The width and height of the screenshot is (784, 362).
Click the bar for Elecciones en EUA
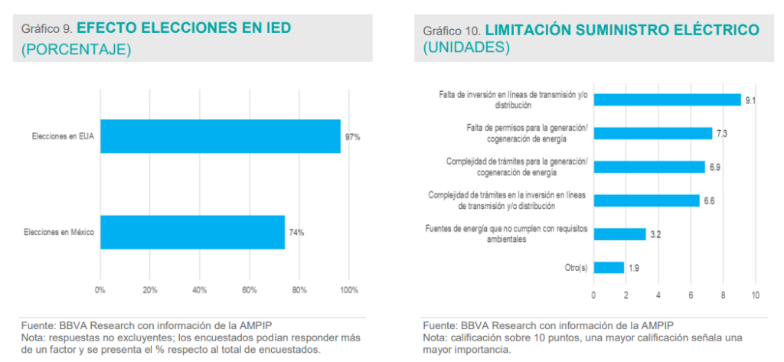tap(220, 136)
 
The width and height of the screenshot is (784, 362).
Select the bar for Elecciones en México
tap(192, 232)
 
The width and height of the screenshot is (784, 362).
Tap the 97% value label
tap(352, 137)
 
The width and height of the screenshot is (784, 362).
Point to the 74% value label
tap(296, 233)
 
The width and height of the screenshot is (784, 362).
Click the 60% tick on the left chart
tap(249, 291)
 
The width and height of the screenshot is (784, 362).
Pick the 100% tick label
tap(348, 291)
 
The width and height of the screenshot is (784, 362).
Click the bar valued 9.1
tap(667, 99)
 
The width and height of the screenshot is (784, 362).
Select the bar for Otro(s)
tap(609, 267)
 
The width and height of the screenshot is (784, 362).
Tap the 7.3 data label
tap(721, 133)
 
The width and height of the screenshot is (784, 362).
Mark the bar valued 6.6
tap(646, 201)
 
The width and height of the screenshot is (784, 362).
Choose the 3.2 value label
tap(655, 234)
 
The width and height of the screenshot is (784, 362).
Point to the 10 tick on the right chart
tap(755, 295)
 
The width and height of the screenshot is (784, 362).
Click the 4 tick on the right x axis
tap(658, 295)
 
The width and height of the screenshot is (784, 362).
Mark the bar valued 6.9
tap(649, 167)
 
